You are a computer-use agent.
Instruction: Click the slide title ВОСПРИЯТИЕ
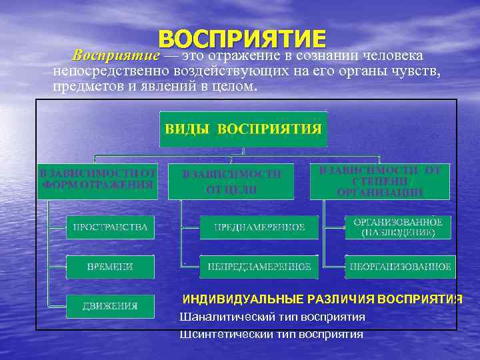click(242, 38)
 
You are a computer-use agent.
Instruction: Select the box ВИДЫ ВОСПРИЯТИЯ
click(243, 129)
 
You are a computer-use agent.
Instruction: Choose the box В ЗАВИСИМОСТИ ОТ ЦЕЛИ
click(232, 181)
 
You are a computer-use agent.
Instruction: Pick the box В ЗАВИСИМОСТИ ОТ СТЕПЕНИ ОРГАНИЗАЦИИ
click(379, 181)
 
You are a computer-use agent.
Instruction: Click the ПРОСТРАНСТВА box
click(110, 227)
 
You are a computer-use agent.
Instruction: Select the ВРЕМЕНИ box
click(110, 267)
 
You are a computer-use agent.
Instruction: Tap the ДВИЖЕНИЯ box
click(110, 306)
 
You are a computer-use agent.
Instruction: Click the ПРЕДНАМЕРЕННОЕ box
click(259, 227)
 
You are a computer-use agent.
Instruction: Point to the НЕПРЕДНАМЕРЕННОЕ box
click(259, 267)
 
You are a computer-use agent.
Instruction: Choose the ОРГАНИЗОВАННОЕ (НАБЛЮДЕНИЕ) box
click(397, 227)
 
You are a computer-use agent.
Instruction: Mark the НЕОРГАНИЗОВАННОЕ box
click(400, 267)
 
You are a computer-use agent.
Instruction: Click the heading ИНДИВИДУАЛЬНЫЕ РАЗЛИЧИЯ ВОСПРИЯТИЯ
click(322, 299)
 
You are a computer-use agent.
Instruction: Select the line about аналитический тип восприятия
click(272, 316)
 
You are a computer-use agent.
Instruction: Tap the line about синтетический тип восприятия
click(271, 334)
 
